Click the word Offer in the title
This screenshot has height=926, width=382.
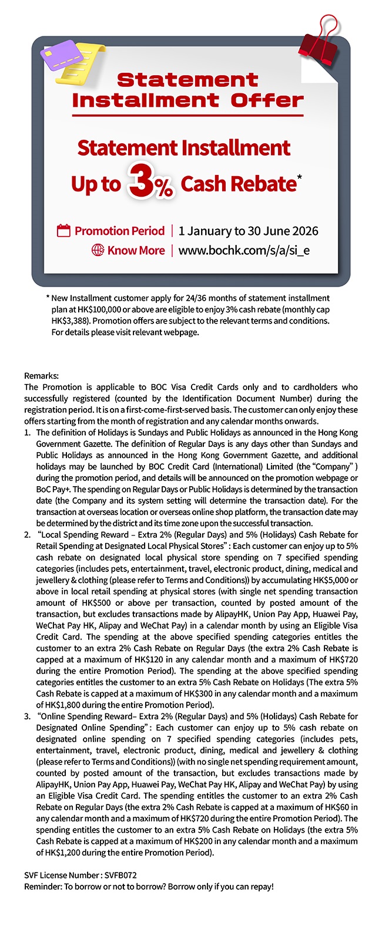[x=267, y=100]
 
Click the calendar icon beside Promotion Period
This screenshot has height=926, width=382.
[x=63, y=231]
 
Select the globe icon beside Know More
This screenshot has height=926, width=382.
[x=98, y=250]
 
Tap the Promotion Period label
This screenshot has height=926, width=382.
[x=119, y=231]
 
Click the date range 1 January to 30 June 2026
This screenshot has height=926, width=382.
[x=248, y=231]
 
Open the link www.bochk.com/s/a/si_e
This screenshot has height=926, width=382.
[x=243, y=250]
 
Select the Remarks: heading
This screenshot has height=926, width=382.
[x=42, y=376]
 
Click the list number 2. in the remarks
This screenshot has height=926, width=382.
[x=28, y=534]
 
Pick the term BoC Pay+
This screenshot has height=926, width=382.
[x=53, y=489]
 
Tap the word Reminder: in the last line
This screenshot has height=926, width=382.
[x=43, y=886]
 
